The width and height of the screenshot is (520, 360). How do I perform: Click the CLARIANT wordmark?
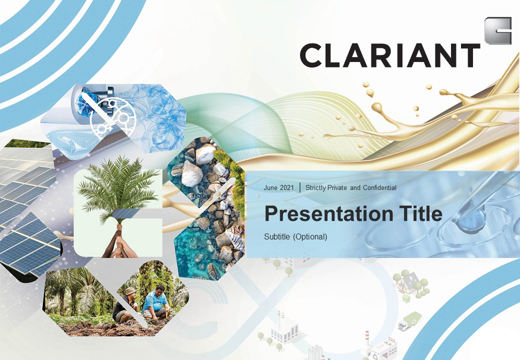[390, 55]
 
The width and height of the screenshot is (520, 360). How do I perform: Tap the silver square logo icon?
[498, 30]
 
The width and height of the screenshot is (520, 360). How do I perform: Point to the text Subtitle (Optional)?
[295, 236]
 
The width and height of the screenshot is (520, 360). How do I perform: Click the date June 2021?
[278, 187]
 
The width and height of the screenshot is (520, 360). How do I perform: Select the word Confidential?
[379, 187]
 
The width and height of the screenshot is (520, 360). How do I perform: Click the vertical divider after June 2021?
[300, 187]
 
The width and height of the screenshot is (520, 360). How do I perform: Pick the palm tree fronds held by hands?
[117, 185]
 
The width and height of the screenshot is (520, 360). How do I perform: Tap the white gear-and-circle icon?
[112, 117]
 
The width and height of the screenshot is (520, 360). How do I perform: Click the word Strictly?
[315, 187]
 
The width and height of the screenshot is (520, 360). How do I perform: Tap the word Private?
[337, 187]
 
